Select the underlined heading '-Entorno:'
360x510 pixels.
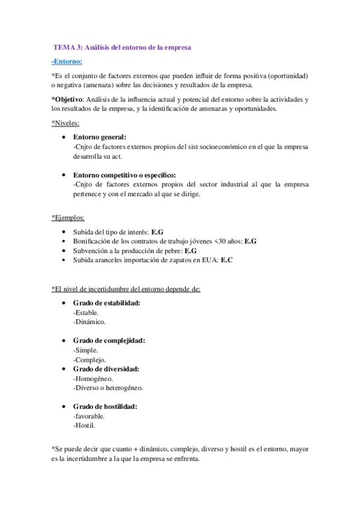67,61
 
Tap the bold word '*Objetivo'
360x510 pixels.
67,99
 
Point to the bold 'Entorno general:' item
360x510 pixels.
100,137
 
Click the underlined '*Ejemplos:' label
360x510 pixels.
68,218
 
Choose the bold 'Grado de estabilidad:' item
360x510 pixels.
106,303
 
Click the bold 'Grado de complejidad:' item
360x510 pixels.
109,340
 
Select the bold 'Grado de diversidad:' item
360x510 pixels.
106,369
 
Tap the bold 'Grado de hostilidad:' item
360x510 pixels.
105,406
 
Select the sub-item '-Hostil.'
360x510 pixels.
84,425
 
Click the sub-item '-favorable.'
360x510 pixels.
88,416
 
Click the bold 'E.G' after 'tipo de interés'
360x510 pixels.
157,232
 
